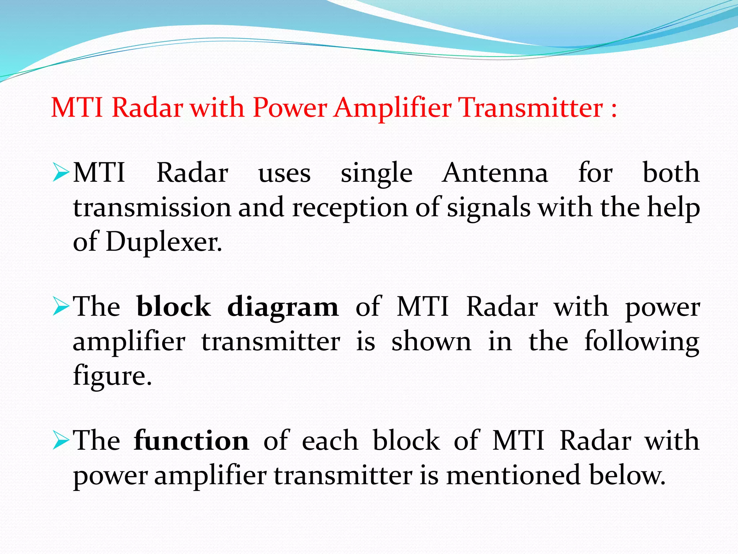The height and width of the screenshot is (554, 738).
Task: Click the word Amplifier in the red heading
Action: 392,108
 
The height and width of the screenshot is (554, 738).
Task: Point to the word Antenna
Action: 495,173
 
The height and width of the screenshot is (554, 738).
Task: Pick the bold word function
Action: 191,441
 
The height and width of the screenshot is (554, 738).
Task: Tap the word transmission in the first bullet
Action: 152,208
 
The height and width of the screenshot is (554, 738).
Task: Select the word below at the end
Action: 627,475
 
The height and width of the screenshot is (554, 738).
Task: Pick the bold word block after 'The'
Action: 174,307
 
